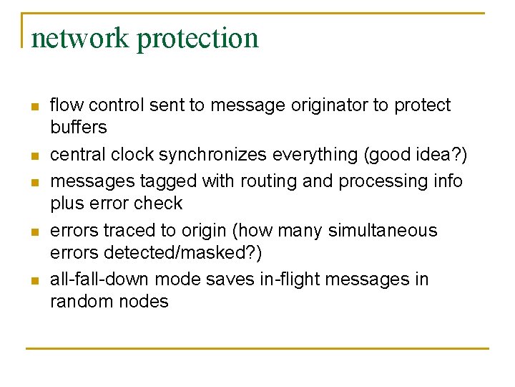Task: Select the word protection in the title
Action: [x=197, y=37]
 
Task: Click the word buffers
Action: [x=78, y=128]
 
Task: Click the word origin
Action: [x=201, y=231]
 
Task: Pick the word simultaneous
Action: [x=382, y=231]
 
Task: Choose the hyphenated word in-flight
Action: [x=293, y=279]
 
